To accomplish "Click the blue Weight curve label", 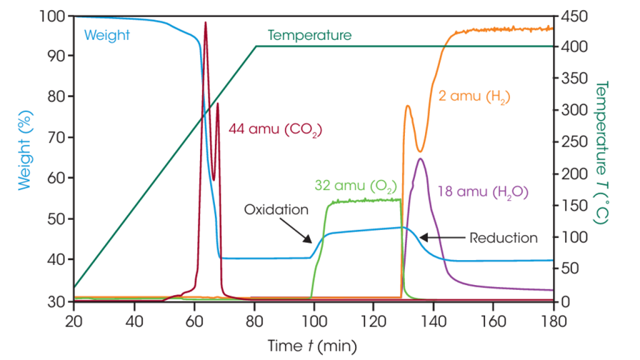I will [x=107, y=36].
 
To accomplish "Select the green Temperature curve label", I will [x=309, y=36].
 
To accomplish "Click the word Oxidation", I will [x=276, y=209].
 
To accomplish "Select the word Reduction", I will [x=503, y=237].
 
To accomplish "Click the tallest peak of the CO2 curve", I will [x=205, y=22].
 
